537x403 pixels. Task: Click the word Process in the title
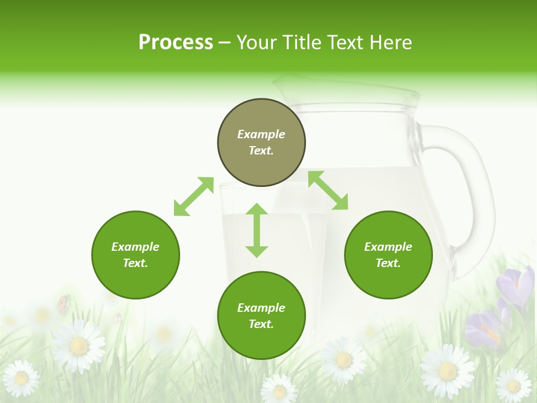point(176,43)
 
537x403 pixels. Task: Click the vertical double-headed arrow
point(257,230)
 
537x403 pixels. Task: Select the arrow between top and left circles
point(194,196)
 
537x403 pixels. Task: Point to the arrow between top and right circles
point(328,190)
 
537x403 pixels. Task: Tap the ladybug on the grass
point(63,304)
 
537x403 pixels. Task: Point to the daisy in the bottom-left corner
point(21,378)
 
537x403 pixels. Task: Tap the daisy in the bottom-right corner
point(513,385)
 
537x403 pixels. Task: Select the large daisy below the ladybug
point(79,346)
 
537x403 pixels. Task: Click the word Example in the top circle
point(261,134)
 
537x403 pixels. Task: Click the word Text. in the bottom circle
point(261,324)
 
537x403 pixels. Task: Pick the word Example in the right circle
point(388,247)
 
